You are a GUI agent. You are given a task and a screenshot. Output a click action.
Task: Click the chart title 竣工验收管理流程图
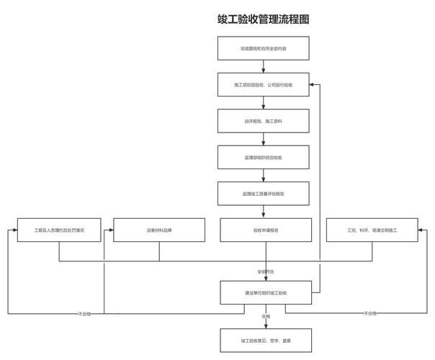pyautogui.click(x=264, y=19)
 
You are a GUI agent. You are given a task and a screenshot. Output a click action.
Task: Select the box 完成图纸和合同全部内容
pyautogui.click(x=264, y=48)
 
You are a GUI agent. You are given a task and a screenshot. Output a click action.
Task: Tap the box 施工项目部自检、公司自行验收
pyautogui.click(x=264, y=84)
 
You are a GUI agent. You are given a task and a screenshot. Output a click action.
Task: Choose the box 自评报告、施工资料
pyautogui.click(x=264, y=121)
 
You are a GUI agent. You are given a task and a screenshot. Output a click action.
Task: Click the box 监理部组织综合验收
pyautogui.click(x=264, y=157)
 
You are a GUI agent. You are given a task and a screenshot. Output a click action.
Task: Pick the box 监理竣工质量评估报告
pyautogui.click(x=264, y=194)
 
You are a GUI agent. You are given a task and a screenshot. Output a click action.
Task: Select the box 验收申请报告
pyautogui.click(x=264, y=230)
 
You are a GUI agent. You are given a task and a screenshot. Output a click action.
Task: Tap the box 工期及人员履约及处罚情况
pyautogui.click(x=60, y=230)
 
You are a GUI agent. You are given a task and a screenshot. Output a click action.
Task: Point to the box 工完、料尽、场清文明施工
pyautogui.click(x=372, y=230)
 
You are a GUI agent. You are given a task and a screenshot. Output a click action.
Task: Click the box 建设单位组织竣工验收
pyautogui.click(x=264, y=293)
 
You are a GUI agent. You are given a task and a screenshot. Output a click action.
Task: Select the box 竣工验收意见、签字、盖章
pyautogui.click(x=264, y=340)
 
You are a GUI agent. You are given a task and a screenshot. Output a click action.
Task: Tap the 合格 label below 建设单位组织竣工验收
pyautogui.click(x=266, y=316)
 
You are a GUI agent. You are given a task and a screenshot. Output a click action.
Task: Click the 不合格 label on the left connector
pyautogui.click(x=84, y=314)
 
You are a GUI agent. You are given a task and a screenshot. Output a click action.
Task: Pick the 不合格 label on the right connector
pyautogui.click(x=370, y=314)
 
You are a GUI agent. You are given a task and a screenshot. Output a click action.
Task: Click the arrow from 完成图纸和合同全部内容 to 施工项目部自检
pyautogui.click(x=264, y=66)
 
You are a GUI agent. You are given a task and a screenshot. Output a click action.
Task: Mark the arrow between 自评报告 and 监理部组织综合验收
pyautogui.click(x=264, y=139)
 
